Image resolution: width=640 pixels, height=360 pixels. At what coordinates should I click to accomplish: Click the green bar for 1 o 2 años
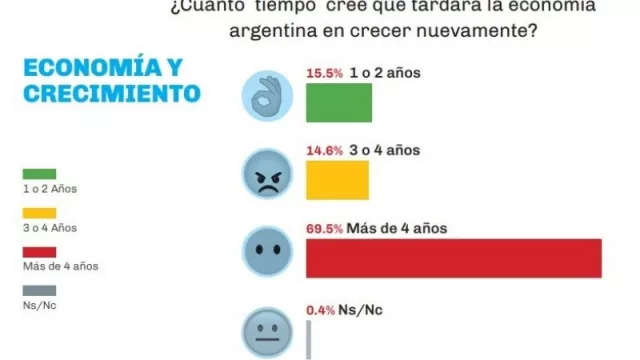pyautogui.click(x=339, y=102)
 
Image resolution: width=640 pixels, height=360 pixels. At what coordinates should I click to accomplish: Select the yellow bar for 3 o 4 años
pyautogui.click(x=337, y=180)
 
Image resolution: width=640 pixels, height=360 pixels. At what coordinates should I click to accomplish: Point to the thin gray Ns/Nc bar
pyautogui.click(x=308, y=338)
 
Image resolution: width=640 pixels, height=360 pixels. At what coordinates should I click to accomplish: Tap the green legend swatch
pyautogui.click(x=39, y=173)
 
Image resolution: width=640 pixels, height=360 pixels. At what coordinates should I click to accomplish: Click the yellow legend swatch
pyautogui.click(x=39, y=212)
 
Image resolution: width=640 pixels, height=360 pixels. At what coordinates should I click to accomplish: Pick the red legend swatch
pyautogui.click(x=39, y=251)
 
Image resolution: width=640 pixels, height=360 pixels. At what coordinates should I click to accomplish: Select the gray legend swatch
pyautogui.click(x=39, y=290)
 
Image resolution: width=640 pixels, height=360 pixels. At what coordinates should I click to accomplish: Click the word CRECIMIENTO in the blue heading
pyautogui.click(x=109, y=95)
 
